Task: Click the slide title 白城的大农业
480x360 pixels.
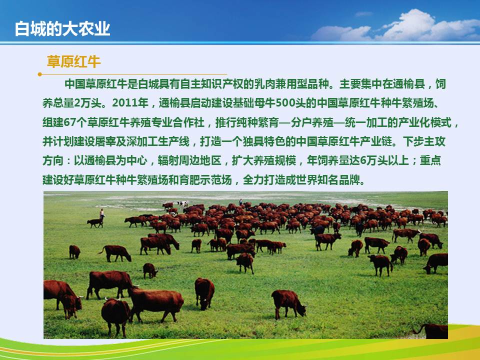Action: click(62, 29)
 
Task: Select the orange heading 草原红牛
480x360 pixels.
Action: click(73, 61)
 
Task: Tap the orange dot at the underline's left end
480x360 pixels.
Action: click(40, 74)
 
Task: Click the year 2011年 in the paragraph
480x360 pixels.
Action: click(130, 103)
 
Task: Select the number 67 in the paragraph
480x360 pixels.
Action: click(69, 122)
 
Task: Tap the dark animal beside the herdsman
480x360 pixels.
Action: click(95, 222)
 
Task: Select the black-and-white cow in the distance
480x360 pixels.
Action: click(182, 203)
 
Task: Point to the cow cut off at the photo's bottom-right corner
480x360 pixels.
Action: click(431, 331)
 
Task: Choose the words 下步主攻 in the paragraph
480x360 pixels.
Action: click(424, 141)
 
